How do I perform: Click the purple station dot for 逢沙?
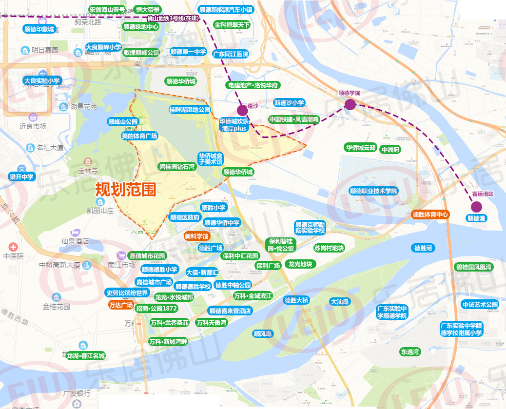point(242,111)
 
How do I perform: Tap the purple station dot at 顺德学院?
point(350,104)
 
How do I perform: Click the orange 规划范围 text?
point(125,189)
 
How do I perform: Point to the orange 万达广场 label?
point(121,306)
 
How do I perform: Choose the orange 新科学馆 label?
point(196,236)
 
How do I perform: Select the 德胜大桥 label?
point(296,300)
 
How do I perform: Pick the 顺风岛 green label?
point(263,334)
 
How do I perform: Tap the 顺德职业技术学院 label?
point(373,191)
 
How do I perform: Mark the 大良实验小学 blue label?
point(41,81)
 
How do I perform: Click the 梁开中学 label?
point(21,177)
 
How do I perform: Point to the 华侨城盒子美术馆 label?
point(210,158)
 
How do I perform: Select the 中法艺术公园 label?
point(480,305)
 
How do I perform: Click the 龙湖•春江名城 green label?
point(86,355)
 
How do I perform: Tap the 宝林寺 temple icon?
point(87,161)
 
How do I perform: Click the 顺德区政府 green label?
point(185,217)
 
